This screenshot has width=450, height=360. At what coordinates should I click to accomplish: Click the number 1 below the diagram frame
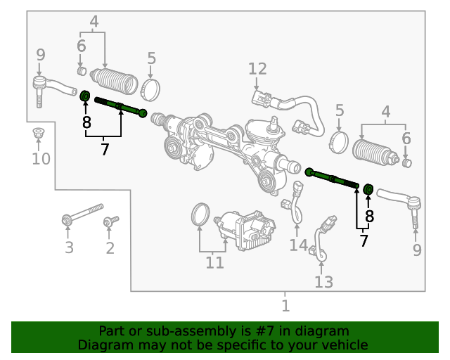tap(285, 306)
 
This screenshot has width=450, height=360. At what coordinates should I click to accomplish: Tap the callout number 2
tap(110, 247)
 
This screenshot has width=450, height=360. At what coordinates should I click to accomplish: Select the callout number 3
tap(69, 247)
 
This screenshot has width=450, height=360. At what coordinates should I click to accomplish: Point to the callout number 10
tap(41, 159)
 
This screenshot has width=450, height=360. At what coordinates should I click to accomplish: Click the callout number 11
tap(214, 263)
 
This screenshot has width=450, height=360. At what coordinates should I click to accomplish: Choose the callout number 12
tap(257, 69)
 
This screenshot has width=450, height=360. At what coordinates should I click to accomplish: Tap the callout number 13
tap(323, 282)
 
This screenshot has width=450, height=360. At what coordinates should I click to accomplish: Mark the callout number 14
tap(298, 245)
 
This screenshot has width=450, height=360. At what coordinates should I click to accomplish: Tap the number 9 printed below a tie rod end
tap(417, 250)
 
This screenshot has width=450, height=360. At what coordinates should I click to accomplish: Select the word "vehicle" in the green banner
tap(343, 345)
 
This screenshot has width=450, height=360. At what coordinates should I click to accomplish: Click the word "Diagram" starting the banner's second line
tap(103, 345)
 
